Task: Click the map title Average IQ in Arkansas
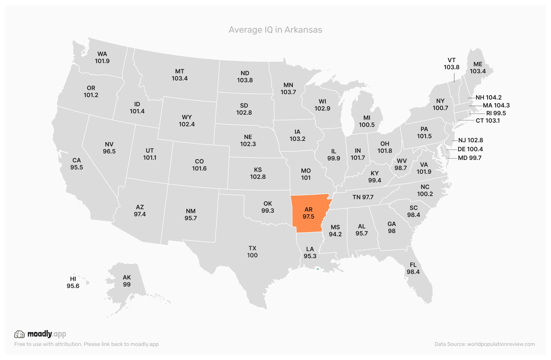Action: click(x=275, y=30)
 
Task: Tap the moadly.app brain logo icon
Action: click(x=19, y=334)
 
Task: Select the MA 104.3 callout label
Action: click(x=496, y=105)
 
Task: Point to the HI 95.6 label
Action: click(x=73, y=282)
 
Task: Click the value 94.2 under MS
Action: click(x=335, y=234)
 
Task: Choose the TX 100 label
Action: click(x=252, y=252)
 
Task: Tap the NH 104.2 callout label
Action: click(x=488, y=97)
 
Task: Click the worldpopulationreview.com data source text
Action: click(x=484, y=344)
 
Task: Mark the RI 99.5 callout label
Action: click(x=496, y=113)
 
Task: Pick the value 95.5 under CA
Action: click(x=77, y=167)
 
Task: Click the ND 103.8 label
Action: click(x=245, y=76)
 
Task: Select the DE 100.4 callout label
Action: click(x=470, y=149)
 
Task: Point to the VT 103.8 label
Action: click(x=452, y=64)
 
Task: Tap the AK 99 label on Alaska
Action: click(x=127, y=281)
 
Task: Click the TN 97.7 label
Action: click(x=363, y=197)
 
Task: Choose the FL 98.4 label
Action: click(x=413, y=268)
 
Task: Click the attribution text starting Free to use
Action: click(x=87, y=344)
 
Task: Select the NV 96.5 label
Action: click(x=109, y=148)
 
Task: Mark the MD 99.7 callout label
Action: click(x=469, y=158)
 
